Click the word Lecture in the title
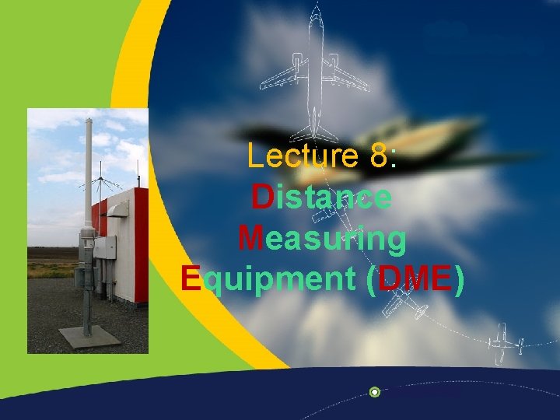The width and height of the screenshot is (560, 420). pos(302,156)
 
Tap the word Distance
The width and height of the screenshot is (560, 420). pos(321,197)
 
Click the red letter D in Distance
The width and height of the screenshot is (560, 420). pos(262,197)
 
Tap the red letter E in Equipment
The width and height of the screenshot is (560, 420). pos(191,278)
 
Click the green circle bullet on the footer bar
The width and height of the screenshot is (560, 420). pos(375,392)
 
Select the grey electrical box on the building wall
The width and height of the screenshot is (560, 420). pos(105,247)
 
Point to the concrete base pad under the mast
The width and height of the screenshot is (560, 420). pos(89,336)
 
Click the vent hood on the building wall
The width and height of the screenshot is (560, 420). pos(119,208)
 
